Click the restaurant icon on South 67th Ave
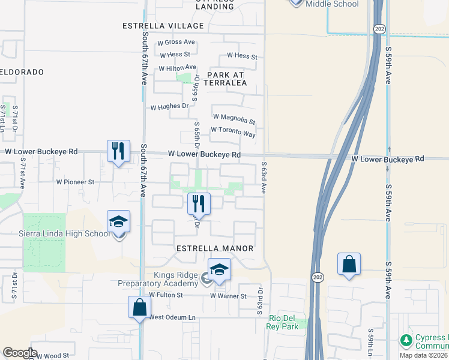coord(118,151)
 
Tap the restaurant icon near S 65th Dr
coord(199,203)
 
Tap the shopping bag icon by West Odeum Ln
coord(139,307)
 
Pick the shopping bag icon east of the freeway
coord(349,264)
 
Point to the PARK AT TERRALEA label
coord(226,79)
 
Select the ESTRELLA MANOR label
coord(215,248)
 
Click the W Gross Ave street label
coord(176,43)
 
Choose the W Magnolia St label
coord(234,121)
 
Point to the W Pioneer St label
coord(75,181)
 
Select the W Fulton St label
coord(166,295)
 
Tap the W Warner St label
coord(228,296)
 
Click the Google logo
coord(20,353)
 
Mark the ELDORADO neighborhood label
coord(22,72)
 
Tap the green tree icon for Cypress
coord(406,340)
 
